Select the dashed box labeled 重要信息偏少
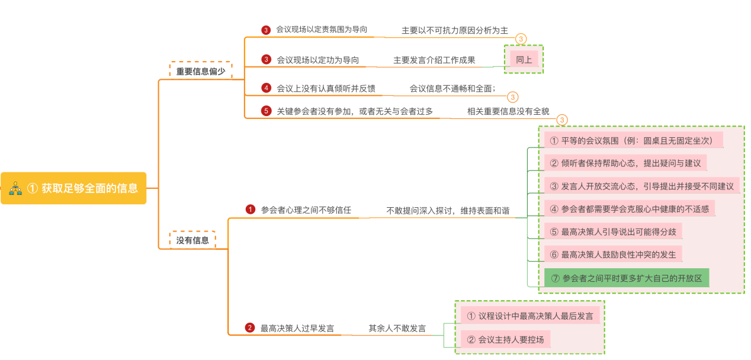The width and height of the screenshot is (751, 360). click(201, 71)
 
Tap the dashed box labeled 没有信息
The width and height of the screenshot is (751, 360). click(192, 240)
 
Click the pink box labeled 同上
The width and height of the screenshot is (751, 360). click(524, 59)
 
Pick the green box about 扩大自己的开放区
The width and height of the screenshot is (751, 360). click(626, 278)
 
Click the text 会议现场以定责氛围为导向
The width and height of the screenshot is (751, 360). click(321, 29)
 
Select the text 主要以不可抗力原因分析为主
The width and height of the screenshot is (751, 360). click(454, 30)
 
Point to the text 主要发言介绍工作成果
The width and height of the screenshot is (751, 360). click(434, 60)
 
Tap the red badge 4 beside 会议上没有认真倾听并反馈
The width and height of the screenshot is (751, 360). click(267, 88)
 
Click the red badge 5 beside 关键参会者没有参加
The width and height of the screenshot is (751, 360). click(267, 111)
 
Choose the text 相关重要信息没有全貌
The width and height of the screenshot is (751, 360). click(508, 111)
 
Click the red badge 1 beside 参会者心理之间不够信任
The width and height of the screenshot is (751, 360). click(251, 210)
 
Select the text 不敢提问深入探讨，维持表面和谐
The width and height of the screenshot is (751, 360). click(448, 210)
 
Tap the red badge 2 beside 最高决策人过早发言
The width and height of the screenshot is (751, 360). click(250, 328)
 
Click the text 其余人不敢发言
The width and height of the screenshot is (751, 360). click(397, 328)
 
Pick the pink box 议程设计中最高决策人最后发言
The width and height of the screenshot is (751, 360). click(530, 316)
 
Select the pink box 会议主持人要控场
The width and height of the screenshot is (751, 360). click(505, 340)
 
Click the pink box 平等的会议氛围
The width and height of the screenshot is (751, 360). click(633, 140)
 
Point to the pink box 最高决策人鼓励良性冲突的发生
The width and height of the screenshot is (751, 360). click(612, 255)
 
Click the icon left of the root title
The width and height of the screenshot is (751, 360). click(15, 189)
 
